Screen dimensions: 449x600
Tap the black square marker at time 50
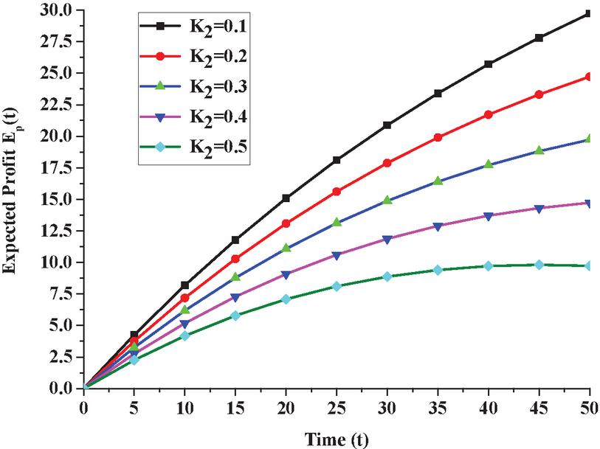(x=589, y=13)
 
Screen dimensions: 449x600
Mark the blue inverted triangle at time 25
(x=337, y=255)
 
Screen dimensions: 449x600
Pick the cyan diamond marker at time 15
(x=235, y=315)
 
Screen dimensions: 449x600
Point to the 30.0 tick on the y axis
(x=56, y=11)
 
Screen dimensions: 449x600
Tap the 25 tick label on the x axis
(x=337, y=406)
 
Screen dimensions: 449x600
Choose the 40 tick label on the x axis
(x=488, y=406)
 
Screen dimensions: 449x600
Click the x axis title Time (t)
(x=337, y=438)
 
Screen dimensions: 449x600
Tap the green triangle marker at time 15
(x=235, y=276)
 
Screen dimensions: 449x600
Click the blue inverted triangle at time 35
(x=438, y=226)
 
